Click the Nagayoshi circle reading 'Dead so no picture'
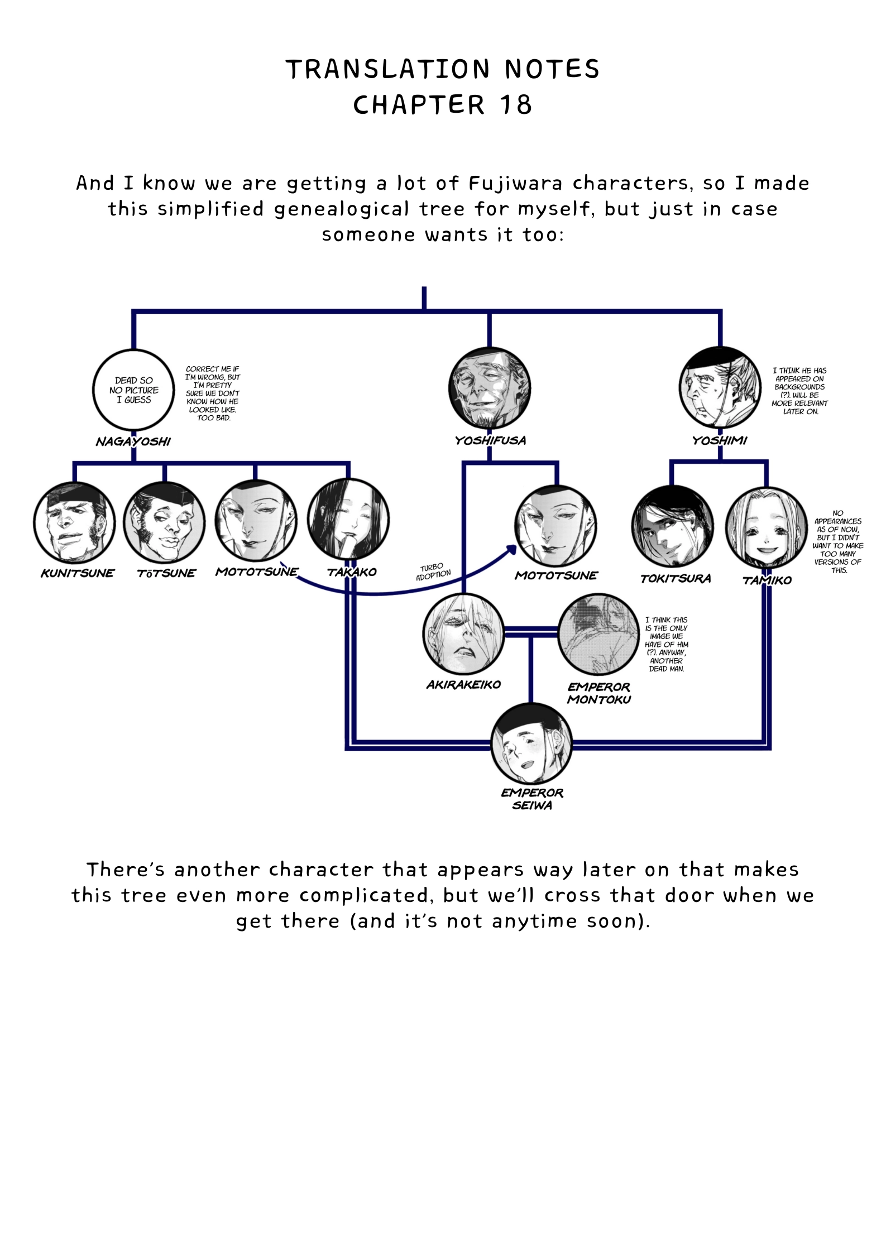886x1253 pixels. pyautogui.click(x=133, y=390)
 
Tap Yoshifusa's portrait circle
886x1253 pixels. pyautogui.click(x=490, y=387)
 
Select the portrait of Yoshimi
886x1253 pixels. pyautogui.click(x=720, y=387)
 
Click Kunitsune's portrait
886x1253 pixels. pyautogui.click(x=74, y=522)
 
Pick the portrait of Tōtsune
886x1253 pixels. pyautogui.click(x=164, y=522)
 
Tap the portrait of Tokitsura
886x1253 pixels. pyautogui.click(x=673, y=527)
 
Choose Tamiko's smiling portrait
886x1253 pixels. pyautogui.click(x=767, y=527)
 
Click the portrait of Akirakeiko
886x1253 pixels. pyautogui.click(x=464, y=635)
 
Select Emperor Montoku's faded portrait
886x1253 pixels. pyautogui.click(x=598, y=635)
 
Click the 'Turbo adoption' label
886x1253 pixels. pyautogui.click(x=433, y=572)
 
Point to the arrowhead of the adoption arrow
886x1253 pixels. pyautogui.click(x=513, y=549)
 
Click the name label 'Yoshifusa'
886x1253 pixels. pyautogui.click(x=490, y=440)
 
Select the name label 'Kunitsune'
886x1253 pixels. pyautogui.click(x=77, y=573)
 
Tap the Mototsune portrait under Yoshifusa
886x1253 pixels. pyautogui.click(x=556, y=526)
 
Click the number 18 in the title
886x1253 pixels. pyautogui.click(x=516, y=105)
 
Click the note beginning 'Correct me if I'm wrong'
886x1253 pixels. pyautogui.click(x=213, y=393)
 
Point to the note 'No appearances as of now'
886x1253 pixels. pyautogui.click(x=838, y=541)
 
